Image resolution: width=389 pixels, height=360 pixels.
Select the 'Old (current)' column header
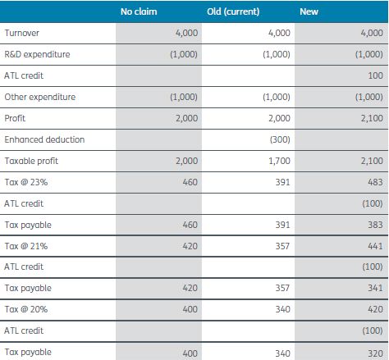click(234, 11)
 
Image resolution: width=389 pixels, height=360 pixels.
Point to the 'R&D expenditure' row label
click(38, 54)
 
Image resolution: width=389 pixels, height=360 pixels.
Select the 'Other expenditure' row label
click(40, 97)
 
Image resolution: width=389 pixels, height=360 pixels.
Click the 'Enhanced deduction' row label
click(44, 139)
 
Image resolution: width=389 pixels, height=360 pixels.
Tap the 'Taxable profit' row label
click(32, 161)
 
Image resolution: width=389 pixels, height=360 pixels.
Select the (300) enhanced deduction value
click(279, 139)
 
